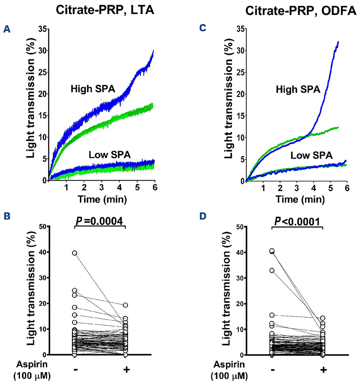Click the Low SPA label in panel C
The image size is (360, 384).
[312, 155]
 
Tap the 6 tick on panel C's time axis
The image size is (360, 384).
[346, 189]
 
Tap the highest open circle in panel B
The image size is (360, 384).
[75, 253]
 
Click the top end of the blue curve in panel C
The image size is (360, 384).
[338, 42]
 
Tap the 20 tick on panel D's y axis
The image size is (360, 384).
[224, 303]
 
